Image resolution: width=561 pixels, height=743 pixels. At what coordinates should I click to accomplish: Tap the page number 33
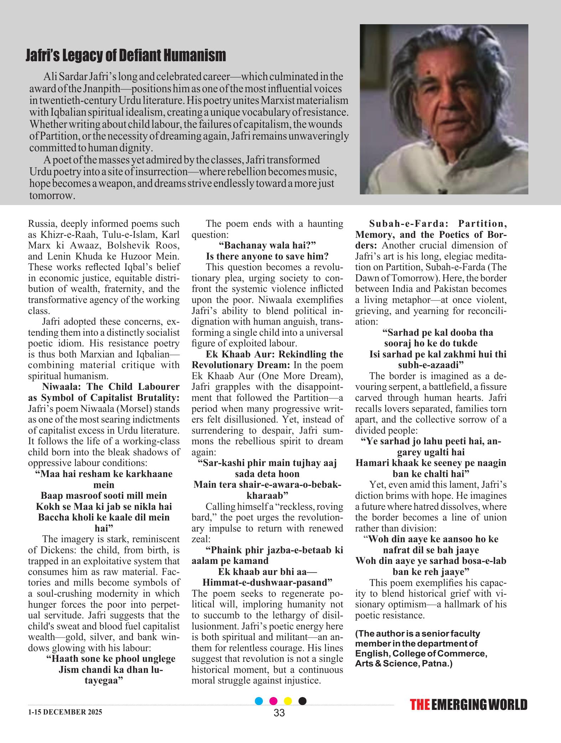[279, 713]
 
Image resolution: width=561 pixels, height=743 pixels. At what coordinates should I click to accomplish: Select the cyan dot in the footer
[259, 701]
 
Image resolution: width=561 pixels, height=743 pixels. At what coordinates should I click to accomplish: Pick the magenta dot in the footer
[274, 701]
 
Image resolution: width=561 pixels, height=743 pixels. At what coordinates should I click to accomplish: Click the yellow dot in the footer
[288, 701]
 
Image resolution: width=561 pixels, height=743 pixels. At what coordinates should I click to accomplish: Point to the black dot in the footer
[302, 701]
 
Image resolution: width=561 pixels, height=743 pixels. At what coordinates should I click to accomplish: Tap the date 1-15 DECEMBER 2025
[65, 712]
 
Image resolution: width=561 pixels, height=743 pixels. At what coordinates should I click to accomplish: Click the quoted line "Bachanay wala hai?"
[267, 245]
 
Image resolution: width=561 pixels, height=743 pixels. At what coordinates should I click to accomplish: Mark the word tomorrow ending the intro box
[52, 196]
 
